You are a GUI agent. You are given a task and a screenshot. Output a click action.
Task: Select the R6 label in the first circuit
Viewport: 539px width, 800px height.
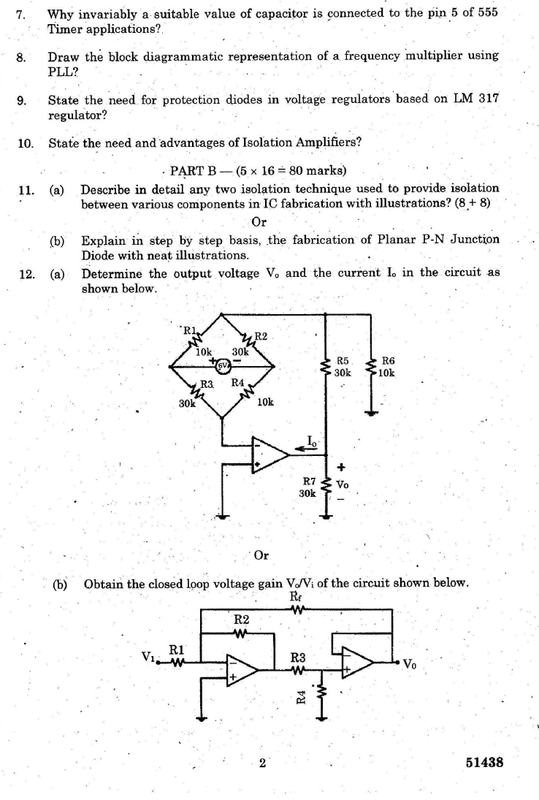[388, 361]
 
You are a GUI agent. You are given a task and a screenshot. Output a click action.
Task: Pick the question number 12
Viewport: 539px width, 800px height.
[27, 274]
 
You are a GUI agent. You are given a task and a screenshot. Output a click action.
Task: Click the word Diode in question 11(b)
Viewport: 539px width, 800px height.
[97, 256]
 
